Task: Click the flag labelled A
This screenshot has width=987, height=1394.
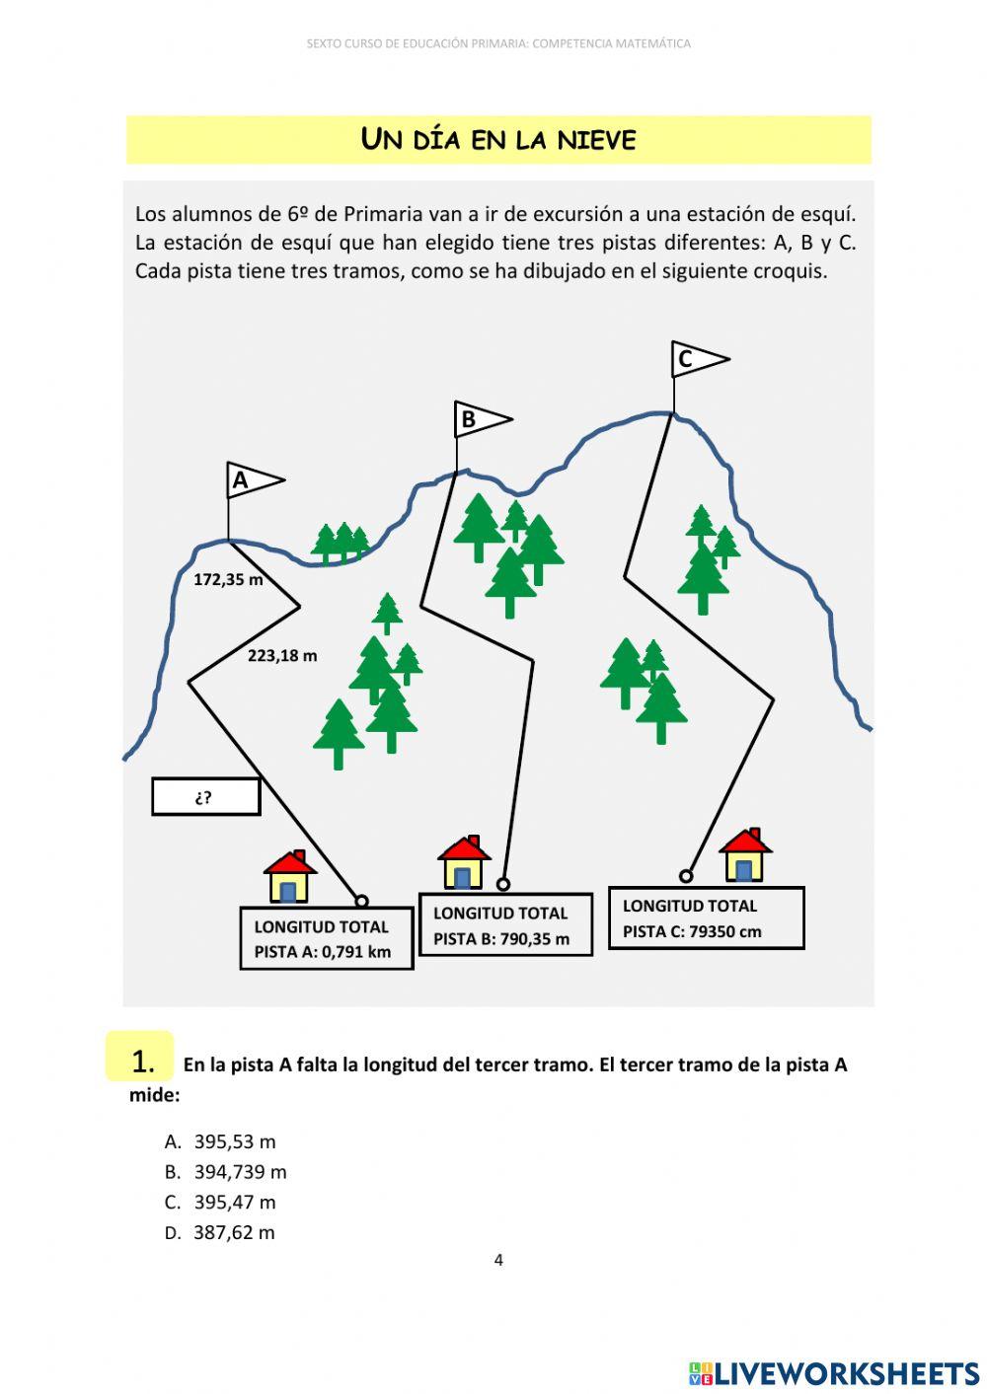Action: pos(253,480)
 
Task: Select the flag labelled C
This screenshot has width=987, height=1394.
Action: pos(698,359)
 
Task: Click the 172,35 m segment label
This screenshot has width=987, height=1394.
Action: pos(228,580)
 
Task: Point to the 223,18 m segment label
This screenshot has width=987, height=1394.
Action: pos(282,656)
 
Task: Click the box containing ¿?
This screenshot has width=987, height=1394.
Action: pos(205,797)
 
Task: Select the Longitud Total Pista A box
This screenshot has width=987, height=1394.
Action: pos(326,938)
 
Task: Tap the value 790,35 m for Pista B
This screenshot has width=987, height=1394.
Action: pos(534,939)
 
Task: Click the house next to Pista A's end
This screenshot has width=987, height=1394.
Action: pos(289,878)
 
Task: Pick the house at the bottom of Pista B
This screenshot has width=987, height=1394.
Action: pos(463,863)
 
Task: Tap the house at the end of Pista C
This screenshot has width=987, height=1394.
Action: pos(745,855)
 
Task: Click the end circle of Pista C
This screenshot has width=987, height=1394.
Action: pos(686,876)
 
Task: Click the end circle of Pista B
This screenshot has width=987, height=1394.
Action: pos(503,884)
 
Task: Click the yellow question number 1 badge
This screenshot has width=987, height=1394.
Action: pos(140,1059)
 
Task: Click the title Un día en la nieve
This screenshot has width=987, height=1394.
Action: pos(498,140)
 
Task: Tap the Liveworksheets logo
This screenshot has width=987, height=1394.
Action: pos(834,1373)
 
